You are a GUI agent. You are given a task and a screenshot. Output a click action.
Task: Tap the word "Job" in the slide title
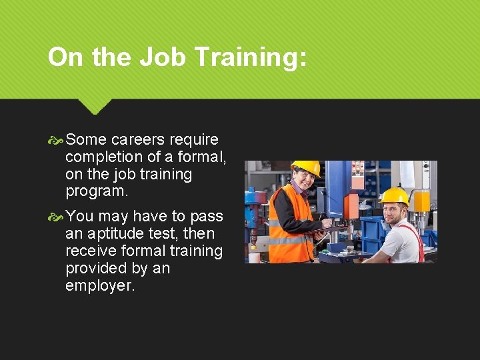click(164, 57)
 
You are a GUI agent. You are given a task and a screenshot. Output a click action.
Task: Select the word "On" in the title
click(65, 57)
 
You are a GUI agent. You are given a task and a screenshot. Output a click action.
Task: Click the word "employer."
click(100, 286)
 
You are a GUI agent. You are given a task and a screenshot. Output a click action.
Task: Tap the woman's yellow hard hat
click(305, 167)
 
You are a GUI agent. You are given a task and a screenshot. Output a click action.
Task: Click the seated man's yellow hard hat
click(393, 195)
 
